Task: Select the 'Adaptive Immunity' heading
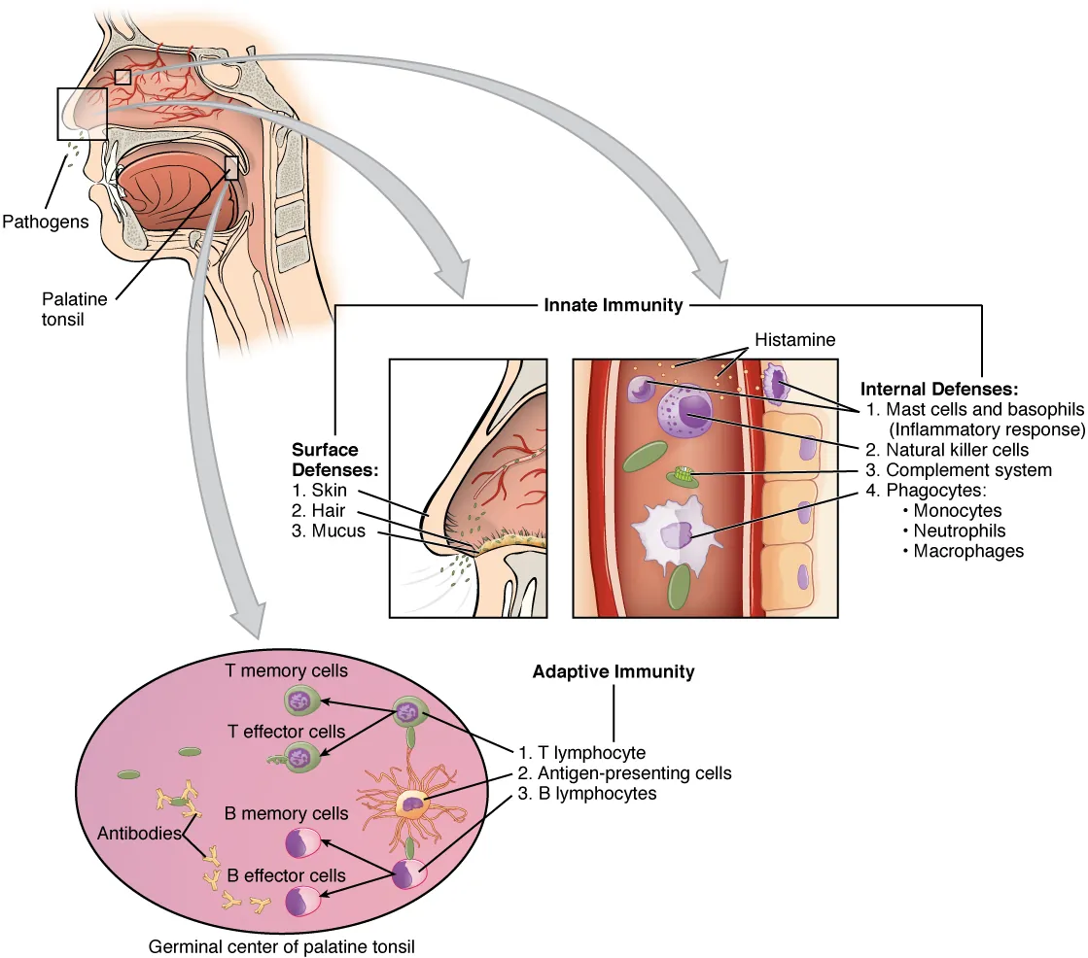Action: [613, 671]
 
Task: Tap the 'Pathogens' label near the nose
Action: [45, 222]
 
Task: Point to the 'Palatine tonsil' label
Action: [75, 308]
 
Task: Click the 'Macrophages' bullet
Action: [968, 551]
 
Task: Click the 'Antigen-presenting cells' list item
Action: [624, 773]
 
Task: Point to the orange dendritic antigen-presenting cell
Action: [412, 803]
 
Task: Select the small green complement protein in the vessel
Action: [685, 476]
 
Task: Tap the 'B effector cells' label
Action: [286, 874]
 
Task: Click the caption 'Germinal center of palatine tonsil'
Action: [281, 945]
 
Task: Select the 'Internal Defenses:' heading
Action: [939, 390]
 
